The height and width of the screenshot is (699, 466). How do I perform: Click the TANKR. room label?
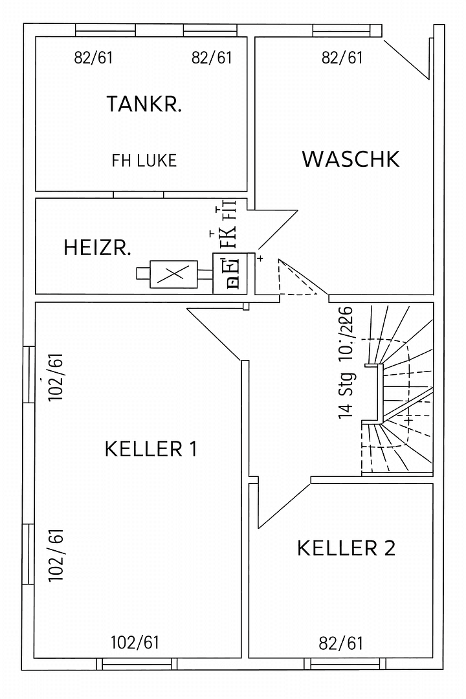point(144,104)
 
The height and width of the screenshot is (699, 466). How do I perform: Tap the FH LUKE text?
point(144,161)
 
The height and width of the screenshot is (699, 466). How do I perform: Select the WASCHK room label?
point(350,159)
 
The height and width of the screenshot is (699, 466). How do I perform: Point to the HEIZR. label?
point(98,247)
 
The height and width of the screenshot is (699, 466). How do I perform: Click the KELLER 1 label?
point(151,449)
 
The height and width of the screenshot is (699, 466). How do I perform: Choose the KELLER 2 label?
point(346,548)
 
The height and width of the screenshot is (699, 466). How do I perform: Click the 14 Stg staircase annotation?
point(346,395)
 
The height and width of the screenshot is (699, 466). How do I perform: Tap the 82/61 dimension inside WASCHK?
point(342,58)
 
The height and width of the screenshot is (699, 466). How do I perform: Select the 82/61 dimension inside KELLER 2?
point(341,643)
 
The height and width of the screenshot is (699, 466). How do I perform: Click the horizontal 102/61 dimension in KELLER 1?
point(135,643)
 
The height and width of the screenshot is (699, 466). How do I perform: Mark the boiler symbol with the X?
point(173,274)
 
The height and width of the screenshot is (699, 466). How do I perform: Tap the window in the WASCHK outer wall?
point(346,30)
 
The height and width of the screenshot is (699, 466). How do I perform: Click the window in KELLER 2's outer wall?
point(346,663)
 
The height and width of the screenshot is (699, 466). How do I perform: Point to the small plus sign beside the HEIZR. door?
point(260,258)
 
